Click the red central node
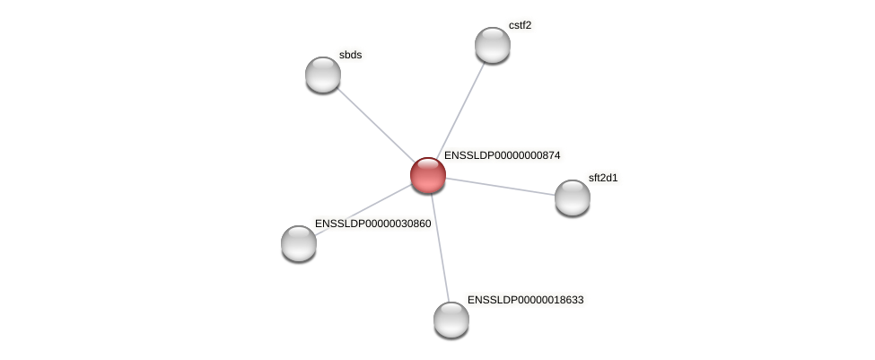pyautogui.click(x=428, y=175)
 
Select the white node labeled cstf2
pyautogui.click(x=493, y=45)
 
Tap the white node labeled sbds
pyautogui.click(x=323, y=75)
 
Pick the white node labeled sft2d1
pyautogui.click(x=573, y=198)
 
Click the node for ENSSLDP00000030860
pyautogui.click(x=299, y=243)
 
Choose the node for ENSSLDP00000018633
pyautogui.click(x=451, y=320)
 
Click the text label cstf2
pyautogui.click(x=520, y=25)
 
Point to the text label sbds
pyautogui.click(x=350, y=55)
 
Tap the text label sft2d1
pyautogui.click(x=603, y=178)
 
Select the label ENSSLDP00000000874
pyautogui.click(x=502, y=155)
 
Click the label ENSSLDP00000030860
pyautogui.click(x=372, y=224)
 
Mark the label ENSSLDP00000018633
pyautogui.click(x=525, y=300)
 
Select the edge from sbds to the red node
pyautogui.click(x=374, y=124)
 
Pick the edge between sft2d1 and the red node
pyautogui.click(x=501, y=187)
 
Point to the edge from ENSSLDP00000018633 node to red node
pyautogui.click(x=440, y=247)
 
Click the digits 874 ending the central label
pyautogui.click(x=549, y=155)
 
